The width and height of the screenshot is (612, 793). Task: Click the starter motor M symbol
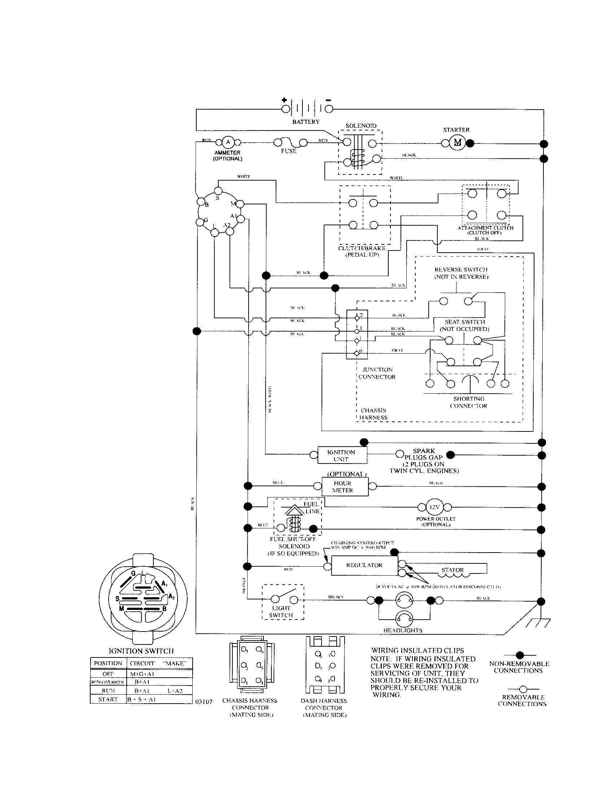pos(457,143)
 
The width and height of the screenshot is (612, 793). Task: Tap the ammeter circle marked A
pos(228,142)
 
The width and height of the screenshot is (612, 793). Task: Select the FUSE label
pos(289,151)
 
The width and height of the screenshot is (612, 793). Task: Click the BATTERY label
pos(306,122)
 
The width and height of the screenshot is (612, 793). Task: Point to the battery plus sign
pos(284,100)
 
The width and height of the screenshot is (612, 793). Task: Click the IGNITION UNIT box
pos(342,455)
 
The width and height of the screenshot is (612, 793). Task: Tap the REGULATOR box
pos(364,565)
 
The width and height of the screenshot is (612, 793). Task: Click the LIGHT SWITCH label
pos(281,611)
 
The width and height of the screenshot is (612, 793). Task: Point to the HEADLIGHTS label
pos(403,630)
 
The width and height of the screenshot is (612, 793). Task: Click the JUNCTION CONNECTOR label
pos(377,373)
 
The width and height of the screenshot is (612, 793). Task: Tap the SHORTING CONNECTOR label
pos(468,402)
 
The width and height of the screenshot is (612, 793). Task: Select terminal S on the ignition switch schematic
pos(218,191)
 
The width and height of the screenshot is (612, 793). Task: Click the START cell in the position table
pos(108,699)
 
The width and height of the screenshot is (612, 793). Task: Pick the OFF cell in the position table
pos(108,674)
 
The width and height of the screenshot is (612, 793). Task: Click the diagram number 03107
pos(204,701)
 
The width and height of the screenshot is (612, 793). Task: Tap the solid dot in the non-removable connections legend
pos(520,655)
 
